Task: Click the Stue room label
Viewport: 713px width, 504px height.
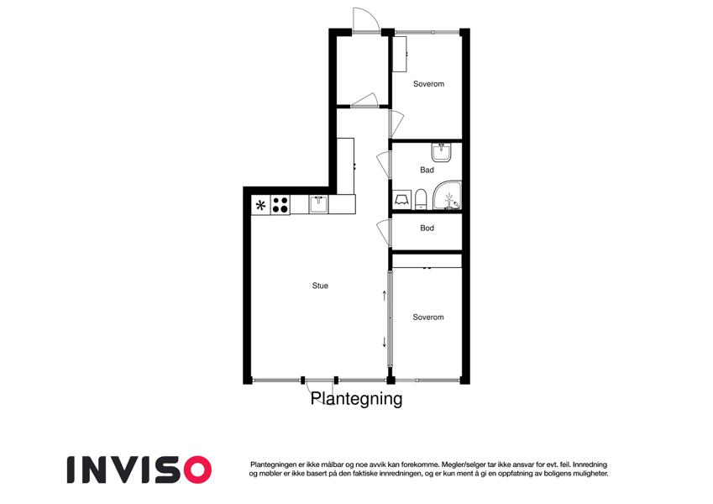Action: pyautogui.click(x=320, y=286)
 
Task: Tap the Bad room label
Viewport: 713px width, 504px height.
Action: pyautogui.click(x=427, y=171)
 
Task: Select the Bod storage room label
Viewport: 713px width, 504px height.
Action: pyautogui.click(x=427, y=228)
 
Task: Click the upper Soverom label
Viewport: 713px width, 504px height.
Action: pyautogui.click(x=428, y=84)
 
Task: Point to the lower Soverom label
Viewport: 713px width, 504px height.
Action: pyautogui.click(x=428, y=317)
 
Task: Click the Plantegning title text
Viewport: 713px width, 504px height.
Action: pyautogui.click(x=356, y=399)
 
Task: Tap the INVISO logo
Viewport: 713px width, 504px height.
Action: pyautogui.click(x=139, y=470)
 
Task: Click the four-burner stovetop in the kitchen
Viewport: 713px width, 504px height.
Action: pyautogui.click(x=280, y=205)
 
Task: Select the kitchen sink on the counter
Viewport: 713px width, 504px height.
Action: pyautogui.click(x=319, y=204)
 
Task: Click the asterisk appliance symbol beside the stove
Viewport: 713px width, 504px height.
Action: pyautogui.click(x=261, y=205)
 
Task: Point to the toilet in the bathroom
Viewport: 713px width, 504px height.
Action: pyautogui.click(x=421, y=199)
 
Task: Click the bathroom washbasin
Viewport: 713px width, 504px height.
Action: pyautogui.click(x=441, y=152)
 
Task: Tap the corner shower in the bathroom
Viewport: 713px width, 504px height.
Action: pyautogui.click(x=447, y=196)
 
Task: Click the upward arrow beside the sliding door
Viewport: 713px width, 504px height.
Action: pyautogui.click(x=385, y=296)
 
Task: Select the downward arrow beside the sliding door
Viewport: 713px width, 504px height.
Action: pyautogui.click(x=385, y=342)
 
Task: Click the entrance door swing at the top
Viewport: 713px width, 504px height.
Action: pyautogui.click(x=366, y=19)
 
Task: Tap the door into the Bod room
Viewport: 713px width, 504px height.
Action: pyautogui.click(x=385, y=234)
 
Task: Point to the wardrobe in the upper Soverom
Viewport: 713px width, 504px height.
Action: pyautogui.click(x=400, y=54)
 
